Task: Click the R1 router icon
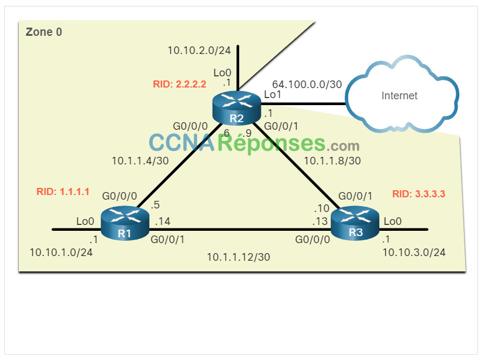tap(125, 224)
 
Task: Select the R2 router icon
tap(237, 108)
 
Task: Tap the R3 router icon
tap(355, 223)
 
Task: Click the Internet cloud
tap(402, 95)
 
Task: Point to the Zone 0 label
tap(44, 32)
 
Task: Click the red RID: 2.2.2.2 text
tap(180, 84)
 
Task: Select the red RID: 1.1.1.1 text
tap(63, 191)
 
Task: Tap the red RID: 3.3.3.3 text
tap(419, 194)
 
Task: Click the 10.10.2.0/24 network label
tap(199, 51)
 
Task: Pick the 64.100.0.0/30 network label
tap(307, 85)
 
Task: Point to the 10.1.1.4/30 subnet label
tap(140, 161)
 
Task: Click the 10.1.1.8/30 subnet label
tap(332, 161)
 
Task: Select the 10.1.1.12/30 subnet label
tap(238, 257)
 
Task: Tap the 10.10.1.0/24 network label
tap(61, 253)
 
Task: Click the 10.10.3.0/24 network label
tap(414, 253)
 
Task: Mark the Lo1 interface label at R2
tap(273, 95)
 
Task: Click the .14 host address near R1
tap(162, 221)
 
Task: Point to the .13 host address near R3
tap(320, 221)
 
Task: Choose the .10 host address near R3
tap(321, 208)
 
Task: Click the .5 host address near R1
tap(155, 205)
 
